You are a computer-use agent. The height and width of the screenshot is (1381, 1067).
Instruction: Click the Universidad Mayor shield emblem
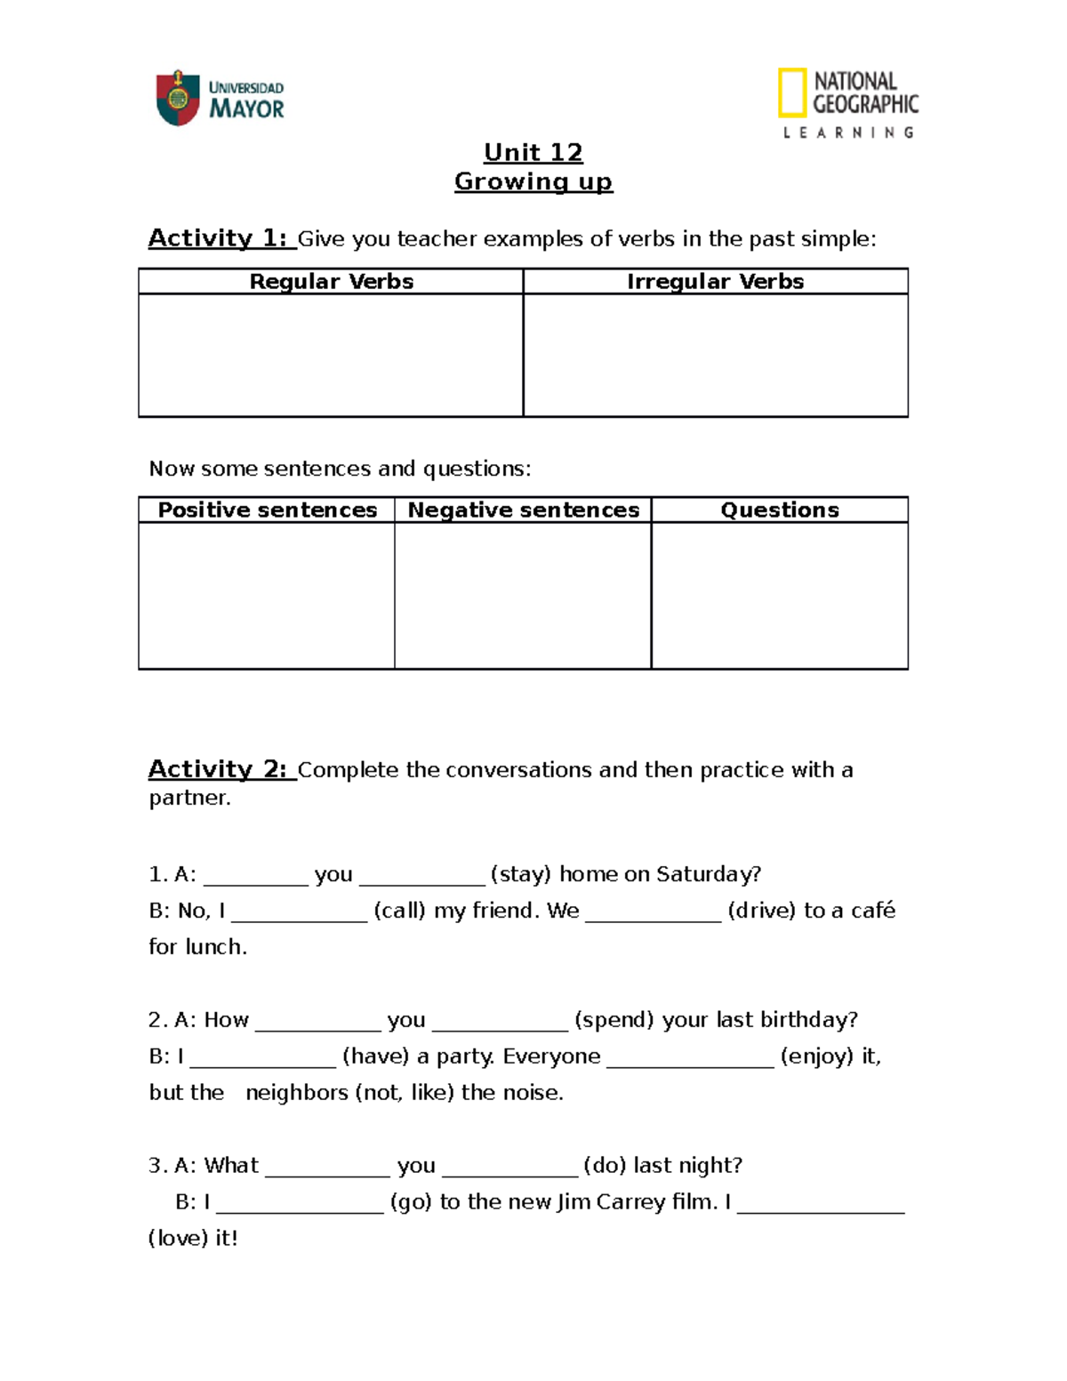pos(177,98)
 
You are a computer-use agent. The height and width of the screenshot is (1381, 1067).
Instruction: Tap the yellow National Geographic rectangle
pos(791,92)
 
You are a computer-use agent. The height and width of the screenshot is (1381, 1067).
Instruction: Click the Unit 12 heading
pos(533,153)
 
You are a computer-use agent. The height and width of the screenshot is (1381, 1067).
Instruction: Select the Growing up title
pos(533,181)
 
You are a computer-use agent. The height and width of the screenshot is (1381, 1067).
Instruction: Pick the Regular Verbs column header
pos(331,282)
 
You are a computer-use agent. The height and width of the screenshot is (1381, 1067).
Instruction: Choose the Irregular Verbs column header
pos(715,282)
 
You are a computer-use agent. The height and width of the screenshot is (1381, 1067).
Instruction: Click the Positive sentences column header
pos(267,510)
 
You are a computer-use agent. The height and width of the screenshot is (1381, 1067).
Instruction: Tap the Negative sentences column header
pos(523,510)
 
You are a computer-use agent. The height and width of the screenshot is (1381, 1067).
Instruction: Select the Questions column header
pos(779,510)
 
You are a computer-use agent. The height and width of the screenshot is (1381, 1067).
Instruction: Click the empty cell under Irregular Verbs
pos(715,355)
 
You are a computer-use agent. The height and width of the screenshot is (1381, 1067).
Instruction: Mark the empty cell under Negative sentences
pos(523,595)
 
